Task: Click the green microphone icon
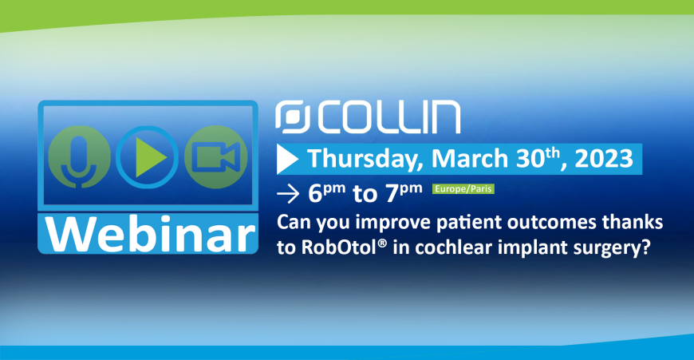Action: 79,157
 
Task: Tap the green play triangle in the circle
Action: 151,157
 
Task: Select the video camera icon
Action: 216,157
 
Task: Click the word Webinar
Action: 150,234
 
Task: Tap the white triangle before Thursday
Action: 288,159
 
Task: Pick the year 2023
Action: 604,158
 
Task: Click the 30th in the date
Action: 538,157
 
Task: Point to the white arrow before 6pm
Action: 288,194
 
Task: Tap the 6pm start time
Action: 326,193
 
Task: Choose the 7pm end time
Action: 404,193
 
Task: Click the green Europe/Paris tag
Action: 463,189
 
